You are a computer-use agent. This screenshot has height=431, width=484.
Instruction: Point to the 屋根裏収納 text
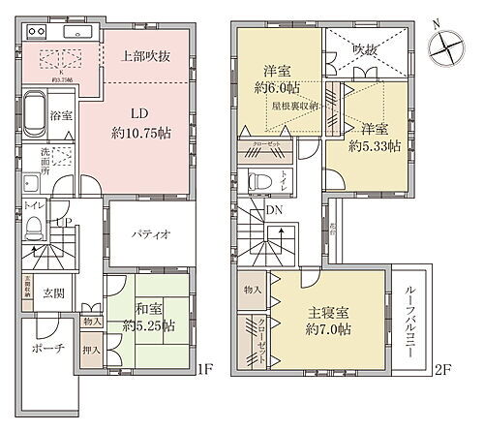[x=296, y=106]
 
